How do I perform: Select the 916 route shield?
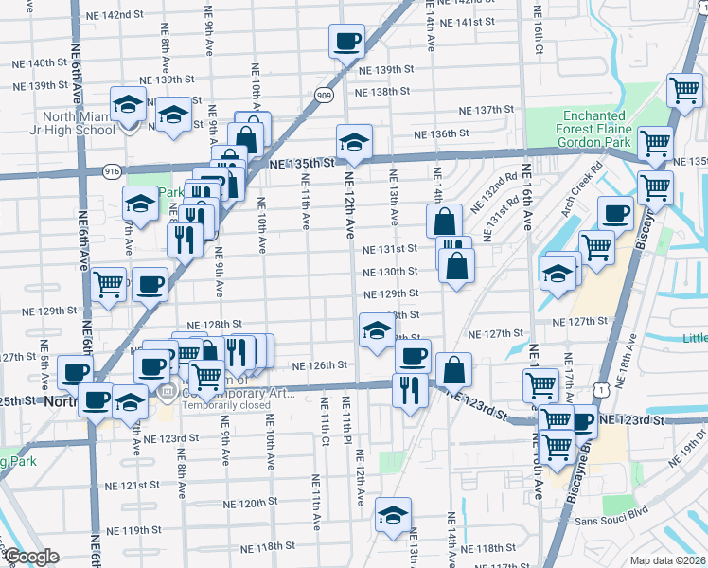[112, 170]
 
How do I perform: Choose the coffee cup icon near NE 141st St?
[346, 41]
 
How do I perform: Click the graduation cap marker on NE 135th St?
[355, 142]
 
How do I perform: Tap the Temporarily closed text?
[224, 405]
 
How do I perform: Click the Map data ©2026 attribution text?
[668, 559]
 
